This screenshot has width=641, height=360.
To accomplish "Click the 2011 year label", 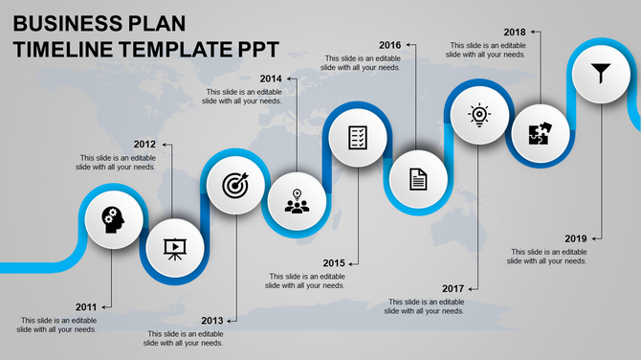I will (x=87, y=307).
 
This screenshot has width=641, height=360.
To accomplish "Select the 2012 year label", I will (x=144, y=145).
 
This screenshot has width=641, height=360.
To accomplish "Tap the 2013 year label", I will (x=212, y=320).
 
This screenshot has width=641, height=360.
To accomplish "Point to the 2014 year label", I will (x=271, y=79).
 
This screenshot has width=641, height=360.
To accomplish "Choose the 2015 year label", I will (x=334, y=262).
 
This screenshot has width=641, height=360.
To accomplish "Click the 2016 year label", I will (x=390, y=45).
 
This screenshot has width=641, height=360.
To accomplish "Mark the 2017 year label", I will (x=453, y=288).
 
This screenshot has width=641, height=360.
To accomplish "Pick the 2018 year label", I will (x=514, y=32).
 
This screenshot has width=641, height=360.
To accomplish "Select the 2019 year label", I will (x=575, y=238).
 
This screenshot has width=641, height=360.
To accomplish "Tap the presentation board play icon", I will (x=174, y=248).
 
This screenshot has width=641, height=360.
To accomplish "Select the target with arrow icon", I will (x=234, y=185).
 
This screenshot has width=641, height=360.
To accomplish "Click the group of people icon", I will (x=298, y=202).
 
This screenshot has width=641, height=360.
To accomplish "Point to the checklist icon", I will (x=358, y=137).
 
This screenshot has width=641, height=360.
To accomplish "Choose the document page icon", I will (x=418, y=178).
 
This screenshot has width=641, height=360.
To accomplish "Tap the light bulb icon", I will (x=478, y=114).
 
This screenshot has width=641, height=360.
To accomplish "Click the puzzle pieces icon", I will (x=539, y=133).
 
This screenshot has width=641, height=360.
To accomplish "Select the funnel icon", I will (x=601, y=71).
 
